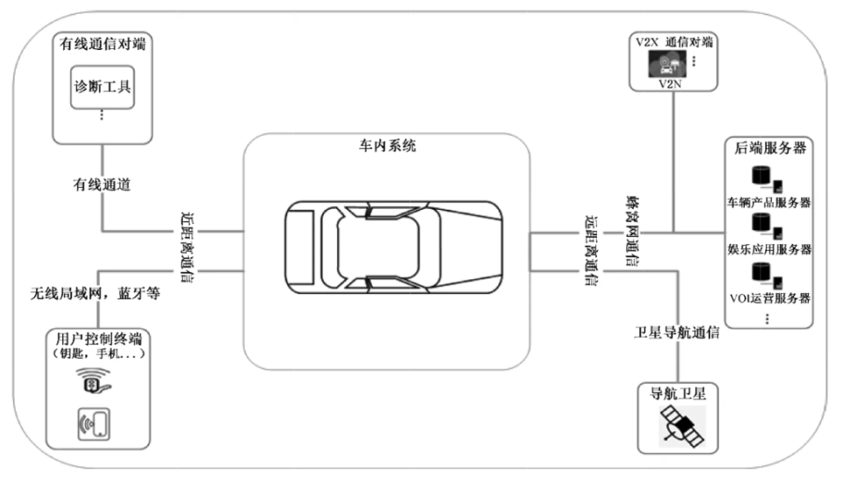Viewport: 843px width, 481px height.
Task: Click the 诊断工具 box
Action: tap(102, 87)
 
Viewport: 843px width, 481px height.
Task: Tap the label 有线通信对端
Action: tap(102, 44)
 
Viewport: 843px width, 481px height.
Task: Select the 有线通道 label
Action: tap(102, 184)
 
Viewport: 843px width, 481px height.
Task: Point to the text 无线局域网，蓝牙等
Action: tap(95, 293)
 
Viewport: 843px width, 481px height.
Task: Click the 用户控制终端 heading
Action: tap(98, 339)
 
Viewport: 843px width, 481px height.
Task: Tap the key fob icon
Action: tap(93, 381)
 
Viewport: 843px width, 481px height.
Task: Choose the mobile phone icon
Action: tap(94, 424)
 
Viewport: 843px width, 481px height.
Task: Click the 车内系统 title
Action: tap(387, 145)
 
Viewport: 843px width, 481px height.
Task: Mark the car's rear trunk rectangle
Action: tap(300, 248)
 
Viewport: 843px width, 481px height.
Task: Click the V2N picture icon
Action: tap(666, 64)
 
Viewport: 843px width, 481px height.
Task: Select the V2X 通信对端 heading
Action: tap(674, 42)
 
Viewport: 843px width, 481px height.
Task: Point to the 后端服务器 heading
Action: tap(770, 147)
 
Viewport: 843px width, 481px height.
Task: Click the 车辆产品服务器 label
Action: tap(769, 203)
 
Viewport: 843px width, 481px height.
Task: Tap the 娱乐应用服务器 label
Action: tap(769, 249)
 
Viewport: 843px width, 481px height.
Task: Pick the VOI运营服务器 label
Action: tap(769, 298)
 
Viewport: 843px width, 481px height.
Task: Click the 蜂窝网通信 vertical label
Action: tap(632, 231)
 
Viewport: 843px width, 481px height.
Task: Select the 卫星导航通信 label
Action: tap(676, 333)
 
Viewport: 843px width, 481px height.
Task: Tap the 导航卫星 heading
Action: tap(677, 394)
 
